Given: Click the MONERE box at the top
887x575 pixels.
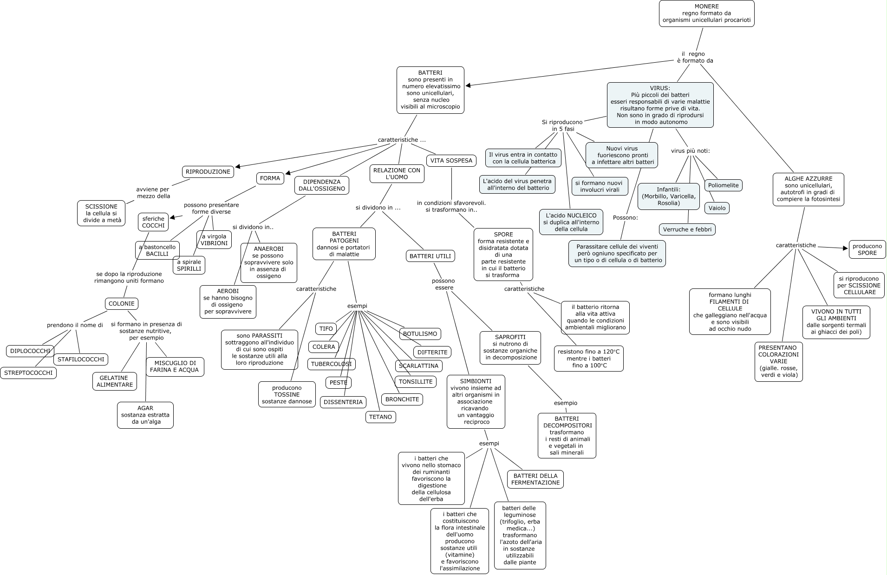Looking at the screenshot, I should click(706, 13).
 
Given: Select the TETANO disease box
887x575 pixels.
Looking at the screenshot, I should click(380, 417).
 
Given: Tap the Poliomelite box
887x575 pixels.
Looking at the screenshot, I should click(723, 185).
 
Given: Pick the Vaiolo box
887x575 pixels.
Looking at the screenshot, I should click(717, 208).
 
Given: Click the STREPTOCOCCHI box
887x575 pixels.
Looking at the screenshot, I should click(28, 372).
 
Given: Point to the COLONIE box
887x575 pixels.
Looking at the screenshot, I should click(121, 304).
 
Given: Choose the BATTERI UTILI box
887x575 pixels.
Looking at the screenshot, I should click(430, 256).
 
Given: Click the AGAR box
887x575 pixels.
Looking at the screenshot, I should click(145, 415).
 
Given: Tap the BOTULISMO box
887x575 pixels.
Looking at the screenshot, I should click(420, 333).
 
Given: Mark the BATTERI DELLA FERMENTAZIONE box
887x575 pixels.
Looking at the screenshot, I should click(535, 479).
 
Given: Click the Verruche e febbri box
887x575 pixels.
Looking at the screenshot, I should click(687, 229).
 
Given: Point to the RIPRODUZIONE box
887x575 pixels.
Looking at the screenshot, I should click(208, 172).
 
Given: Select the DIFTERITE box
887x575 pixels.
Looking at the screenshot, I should click(432, 352).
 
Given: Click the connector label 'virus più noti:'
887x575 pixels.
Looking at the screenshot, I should click(690, 151).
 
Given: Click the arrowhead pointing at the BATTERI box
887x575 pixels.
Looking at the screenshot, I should click(468, 85).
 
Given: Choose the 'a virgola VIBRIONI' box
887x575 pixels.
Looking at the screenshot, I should click(214, 240).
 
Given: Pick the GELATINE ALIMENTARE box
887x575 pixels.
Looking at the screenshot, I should click(115, 381).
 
